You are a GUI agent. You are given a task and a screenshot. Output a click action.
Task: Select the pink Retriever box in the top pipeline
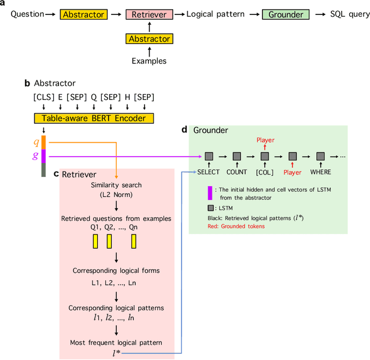tap(149, 14)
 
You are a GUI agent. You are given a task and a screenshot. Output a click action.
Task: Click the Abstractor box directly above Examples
tap(149, 39)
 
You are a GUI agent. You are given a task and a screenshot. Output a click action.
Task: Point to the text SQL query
tap(345, 14)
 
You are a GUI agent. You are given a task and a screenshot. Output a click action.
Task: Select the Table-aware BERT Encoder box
tap(94, 118)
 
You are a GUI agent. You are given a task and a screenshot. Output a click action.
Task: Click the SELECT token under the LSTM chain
tap(208, 172)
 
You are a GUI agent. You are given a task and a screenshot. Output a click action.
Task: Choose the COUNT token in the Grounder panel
tap(236, 172)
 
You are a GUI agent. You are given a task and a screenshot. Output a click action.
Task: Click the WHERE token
tap(320, 172)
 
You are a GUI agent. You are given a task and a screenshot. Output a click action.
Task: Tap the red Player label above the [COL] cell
tap(265, 140)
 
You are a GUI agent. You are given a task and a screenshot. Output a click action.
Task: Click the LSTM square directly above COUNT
tap(236, 155)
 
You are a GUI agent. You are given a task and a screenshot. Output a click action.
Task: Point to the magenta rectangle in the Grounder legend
tap(209, 192)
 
